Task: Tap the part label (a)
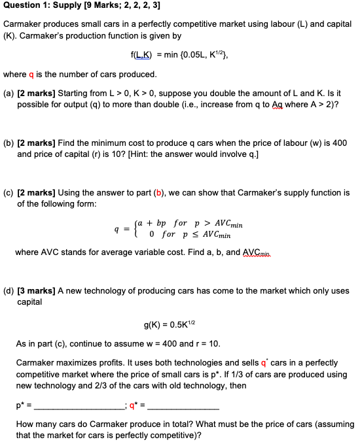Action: tap(9, 94)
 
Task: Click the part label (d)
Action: tap(9, 290)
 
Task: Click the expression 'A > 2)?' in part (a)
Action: tap(323, 105)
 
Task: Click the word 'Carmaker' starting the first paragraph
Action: tap(24, 24)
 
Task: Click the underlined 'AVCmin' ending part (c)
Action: tap(331, 251)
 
